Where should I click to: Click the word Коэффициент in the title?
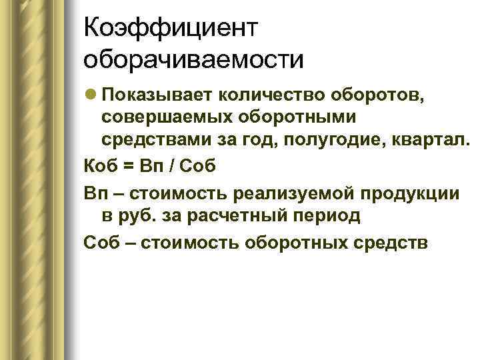[171, 29]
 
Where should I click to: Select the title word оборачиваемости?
[193, 60]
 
